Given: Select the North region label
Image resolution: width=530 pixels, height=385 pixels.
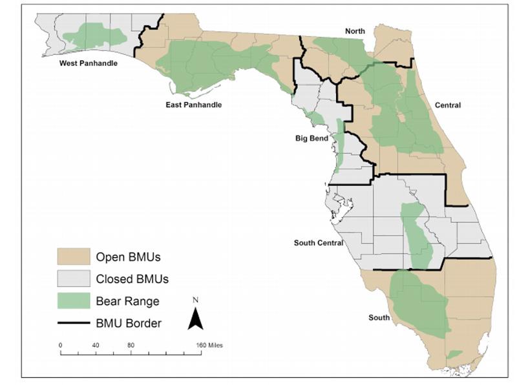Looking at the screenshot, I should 355,31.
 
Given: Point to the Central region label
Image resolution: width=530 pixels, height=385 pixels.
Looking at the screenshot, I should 447,105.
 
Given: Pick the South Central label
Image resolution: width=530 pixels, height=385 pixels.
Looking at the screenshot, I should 318,243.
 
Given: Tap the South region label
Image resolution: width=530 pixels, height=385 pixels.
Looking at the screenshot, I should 379,317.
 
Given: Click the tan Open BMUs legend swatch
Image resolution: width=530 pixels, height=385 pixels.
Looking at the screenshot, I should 72,256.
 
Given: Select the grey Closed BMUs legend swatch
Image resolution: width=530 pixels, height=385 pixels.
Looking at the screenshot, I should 72,279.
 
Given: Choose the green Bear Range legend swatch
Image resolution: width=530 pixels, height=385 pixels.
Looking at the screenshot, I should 72,301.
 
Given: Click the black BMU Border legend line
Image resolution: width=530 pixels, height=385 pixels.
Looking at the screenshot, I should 72,323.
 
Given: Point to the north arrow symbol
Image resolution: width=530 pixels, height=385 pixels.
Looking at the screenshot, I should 195,318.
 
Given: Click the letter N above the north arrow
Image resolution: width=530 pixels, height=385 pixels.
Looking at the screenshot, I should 195,300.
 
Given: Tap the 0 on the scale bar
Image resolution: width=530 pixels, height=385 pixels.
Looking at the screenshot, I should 60,346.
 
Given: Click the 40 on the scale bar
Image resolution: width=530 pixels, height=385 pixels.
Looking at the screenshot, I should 95,346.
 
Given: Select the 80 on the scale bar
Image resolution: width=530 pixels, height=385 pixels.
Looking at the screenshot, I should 131,346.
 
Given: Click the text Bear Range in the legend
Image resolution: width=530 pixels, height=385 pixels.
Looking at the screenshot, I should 127,301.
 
